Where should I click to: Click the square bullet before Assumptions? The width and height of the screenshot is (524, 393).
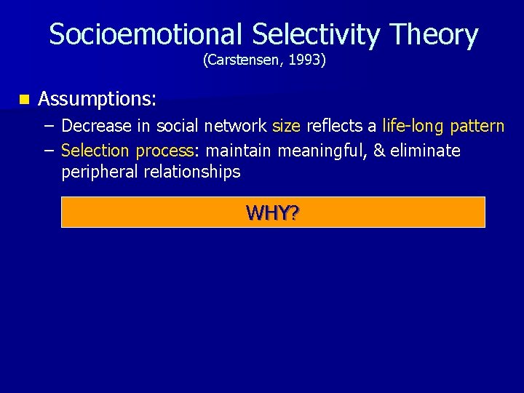tap(25, 98)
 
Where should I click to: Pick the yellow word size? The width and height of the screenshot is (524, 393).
tap(286, 126)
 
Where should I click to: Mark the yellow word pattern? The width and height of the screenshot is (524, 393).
tap(477, 126)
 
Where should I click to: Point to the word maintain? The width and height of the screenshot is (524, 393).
tap(238, 151)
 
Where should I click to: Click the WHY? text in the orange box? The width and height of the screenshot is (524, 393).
tap(273, 213)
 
